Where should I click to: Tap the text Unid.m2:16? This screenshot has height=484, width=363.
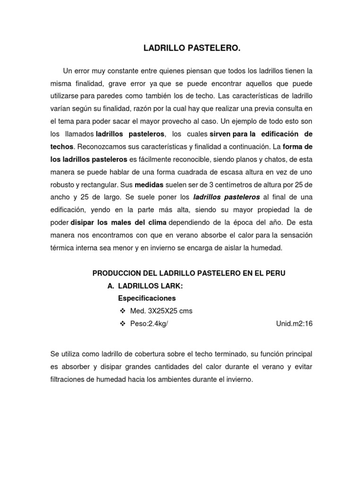294,324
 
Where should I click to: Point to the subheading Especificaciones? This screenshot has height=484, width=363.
147,298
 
